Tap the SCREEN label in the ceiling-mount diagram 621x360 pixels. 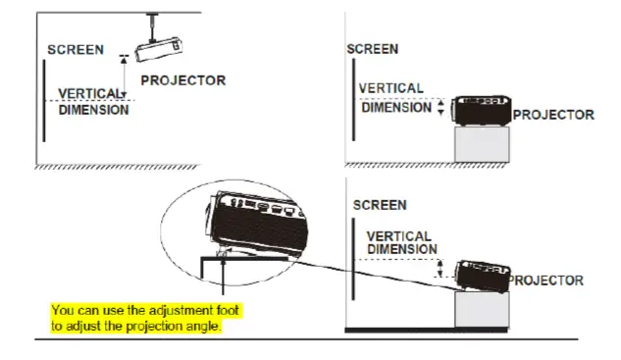point(70,50)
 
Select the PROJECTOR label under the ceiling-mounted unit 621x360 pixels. point(183,80)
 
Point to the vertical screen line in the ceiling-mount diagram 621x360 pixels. point(45,99)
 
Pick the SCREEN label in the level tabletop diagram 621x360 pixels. point(373,49)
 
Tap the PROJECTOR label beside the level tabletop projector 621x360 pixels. point(553,115)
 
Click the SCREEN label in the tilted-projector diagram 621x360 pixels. point(379,206)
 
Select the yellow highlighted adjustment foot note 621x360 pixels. point(145,318)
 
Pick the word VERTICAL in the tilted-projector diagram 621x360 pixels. point(398,236)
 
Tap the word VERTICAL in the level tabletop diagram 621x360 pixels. point(390,88)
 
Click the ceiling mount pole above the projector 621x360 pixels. point(154,25)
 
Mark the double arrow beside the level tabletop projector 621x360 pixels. point(440,108)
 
